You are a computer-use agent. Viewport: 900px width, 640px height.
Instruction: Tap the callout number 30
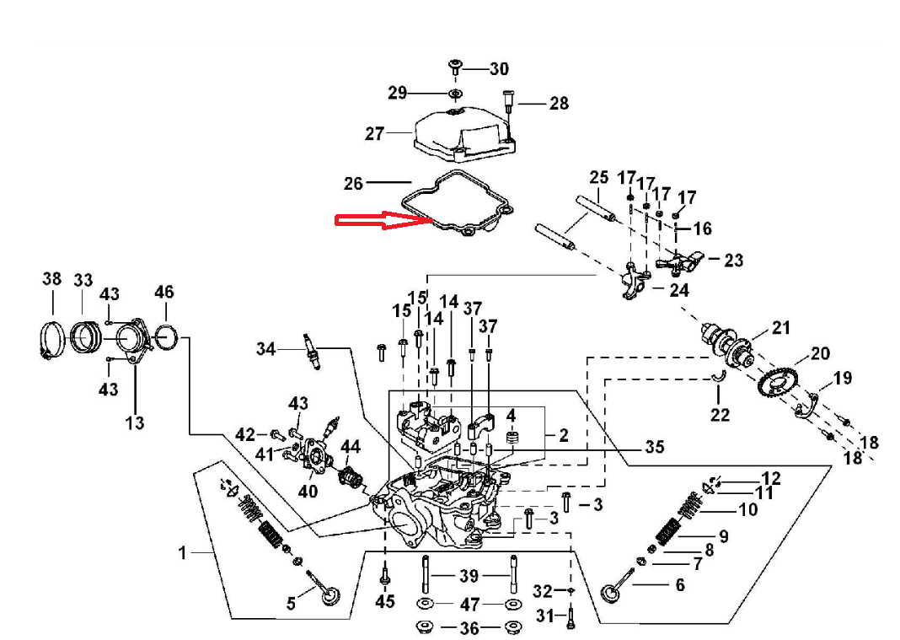coord(500,69)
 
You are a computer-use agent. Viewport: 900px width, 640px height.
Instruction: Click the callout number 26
coord(354,183)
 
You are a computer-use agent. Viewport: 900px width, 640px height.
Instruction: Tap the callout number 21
coord(782,327)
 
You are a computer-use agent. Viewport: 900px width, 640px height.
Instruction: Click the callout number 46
coord(164,293)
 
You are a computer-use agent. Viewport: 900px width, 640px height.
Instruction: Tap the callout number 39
coord(469,576)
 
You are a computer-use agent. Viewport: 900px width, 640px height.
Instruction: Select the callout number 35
coord(655,447)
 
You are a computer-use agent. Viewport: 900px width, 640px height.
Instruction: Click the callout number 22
coord(720,414)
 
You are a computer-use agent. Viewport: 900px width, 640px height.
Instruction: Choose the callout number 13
coord(135,422)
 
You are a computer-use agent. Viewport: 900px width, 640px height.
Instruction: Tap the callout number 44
coord(351,446)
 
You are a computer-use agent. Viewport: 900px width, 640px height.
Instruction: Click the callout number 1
coord(181,553)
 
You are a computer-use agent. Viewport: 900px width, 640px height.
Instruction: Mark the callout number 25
coord(599,177)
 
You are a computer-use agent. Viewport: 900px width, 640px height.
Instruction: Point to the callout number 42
coord(245,434)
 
